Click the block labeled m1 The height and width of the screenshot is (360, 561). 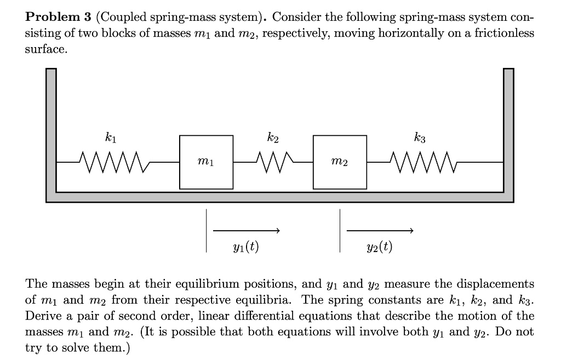(206, 162)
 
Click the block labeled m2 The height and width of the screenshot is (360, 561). (340, 162)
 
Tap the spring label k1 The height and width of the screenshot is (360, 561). (110, 137)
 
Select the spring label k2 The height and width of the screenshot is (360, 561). (273, 137)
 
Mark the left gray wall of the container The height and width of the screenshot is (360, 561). (51, 132)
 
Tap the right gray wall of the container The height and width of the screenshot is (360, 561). (508, 132)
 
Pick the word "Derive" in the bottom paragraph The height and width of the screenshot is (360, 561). (42, 316)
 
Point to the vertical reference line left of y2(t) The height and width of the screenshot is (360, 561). (340, 231)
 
